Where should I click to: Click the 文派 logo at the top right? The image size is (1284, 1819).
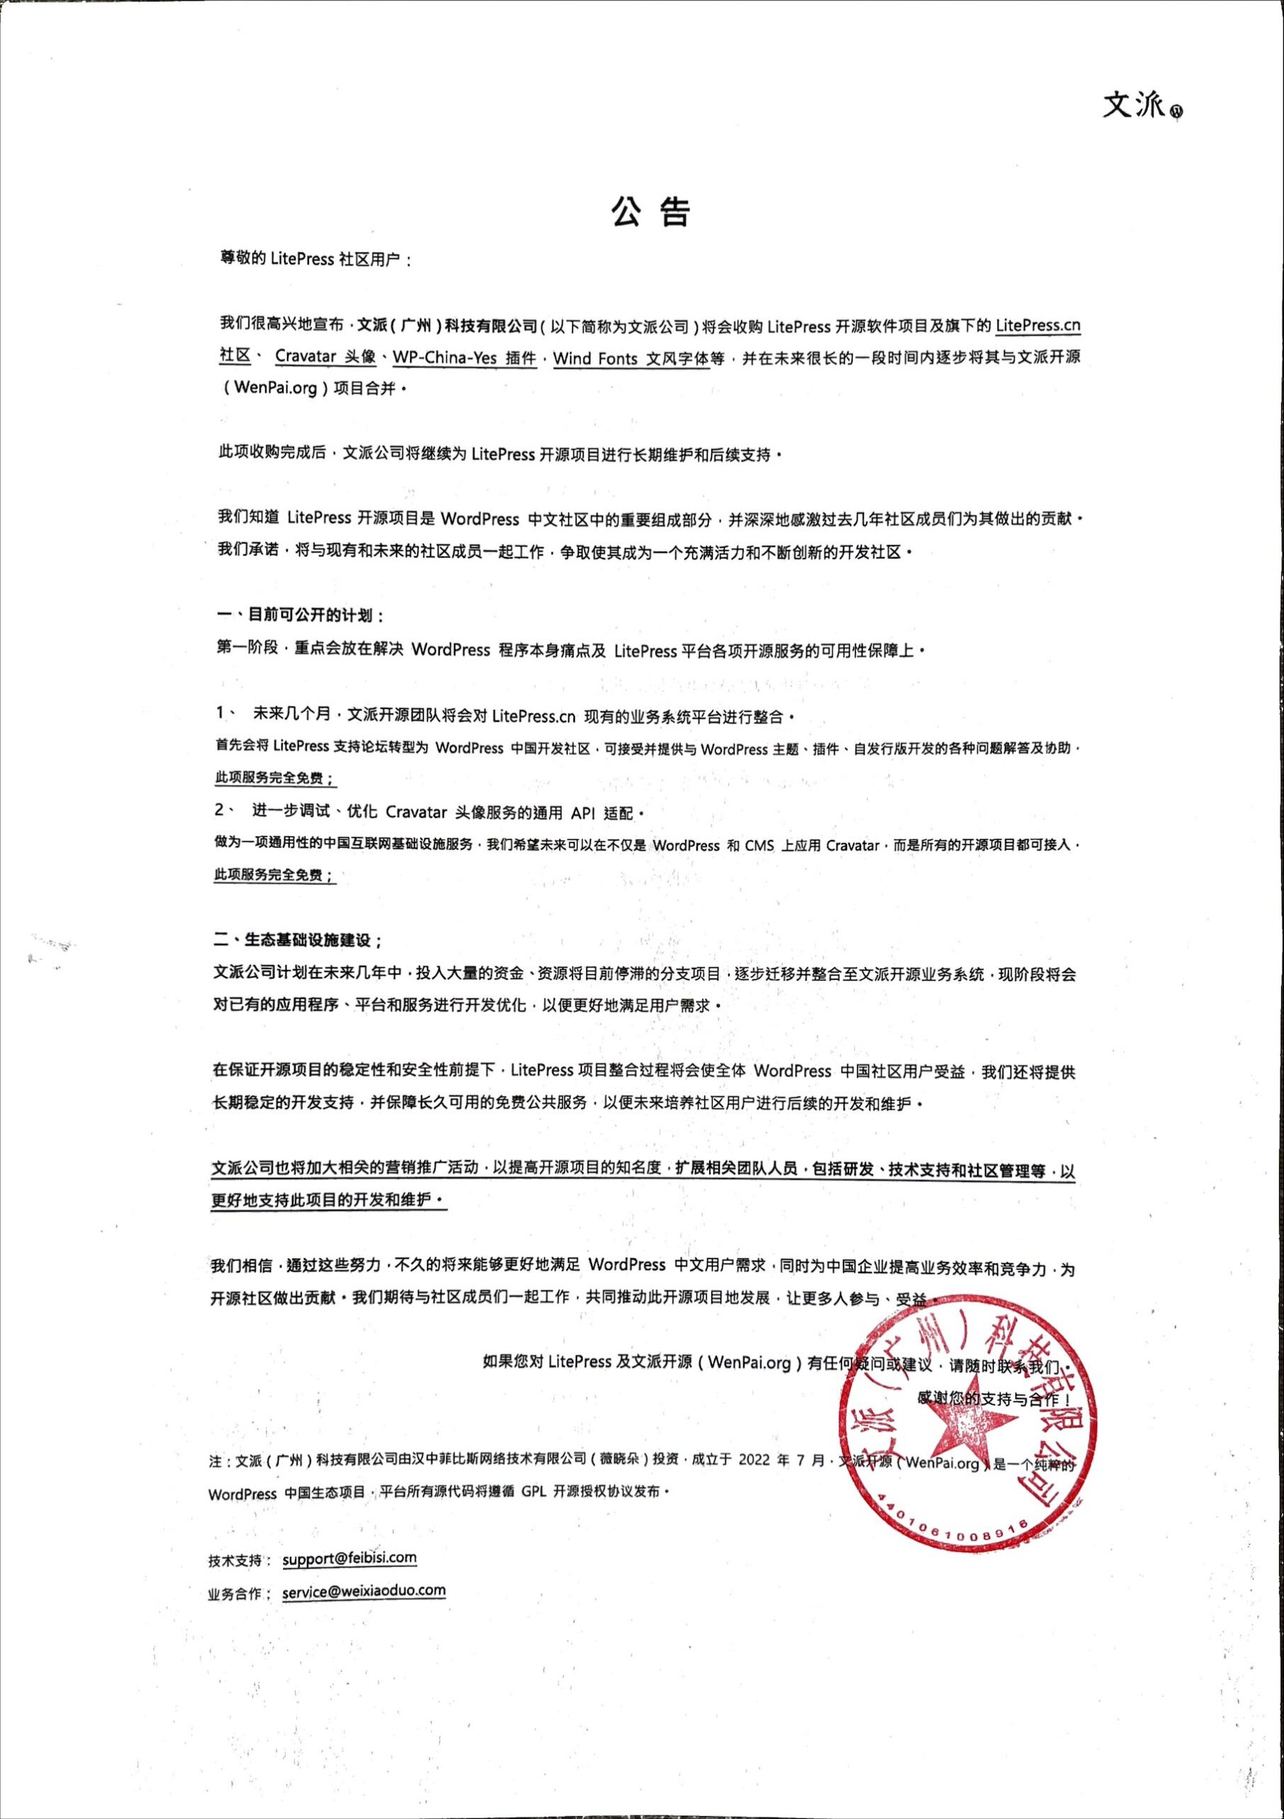pos(1141,105)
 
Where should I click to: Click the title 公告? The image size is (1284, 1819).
pos(650,211)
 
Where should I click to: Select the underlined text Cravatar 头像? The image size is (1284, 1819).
pos(325,357)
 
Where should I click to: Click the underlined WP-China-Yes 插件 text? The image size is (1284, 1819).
pos(464,358)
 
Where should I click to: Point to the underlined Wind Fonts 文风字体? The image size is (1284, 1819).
pos(630,359)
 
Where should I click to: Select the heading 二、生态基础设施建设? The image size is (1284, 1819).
pos(298,940)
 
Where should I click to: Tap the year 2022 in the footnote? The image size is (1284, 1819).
pos(753,1460)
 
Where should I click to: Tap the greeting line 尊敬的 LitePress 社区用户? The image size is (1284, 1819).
pos(316,260)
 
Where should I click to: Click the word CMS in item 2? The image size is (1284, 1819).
pos(759,846)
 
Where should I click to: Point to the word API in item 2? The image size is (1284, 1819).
pos(582,813)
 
